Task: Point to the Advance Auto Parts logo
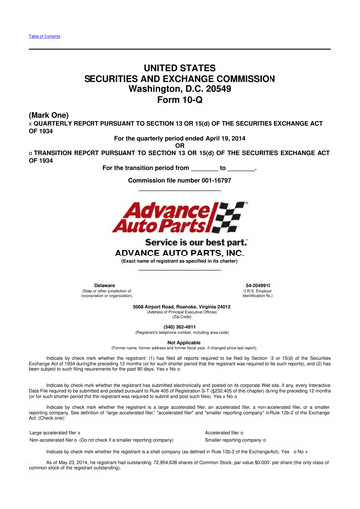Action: click(x=179, y=199)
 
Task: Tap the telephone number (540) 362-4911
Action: click(x=179, y=297)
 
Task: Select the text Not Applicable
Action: click(x=179, y=314)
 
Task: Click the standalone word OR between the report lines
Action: click(x=179, y=145)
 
